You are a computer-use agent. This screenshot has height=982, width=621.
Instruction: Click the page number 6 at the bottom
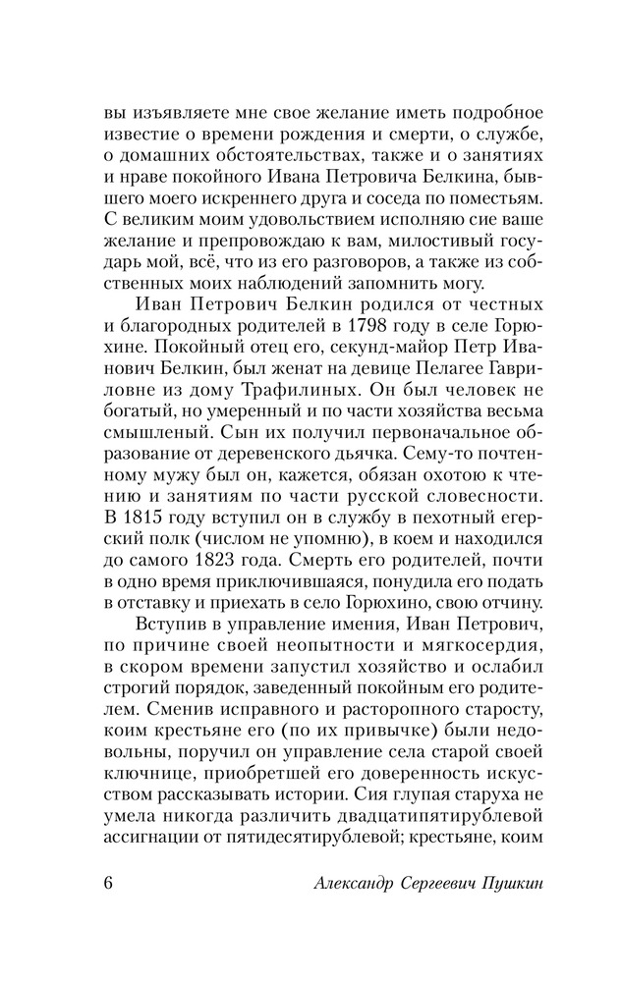(109, 878)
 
